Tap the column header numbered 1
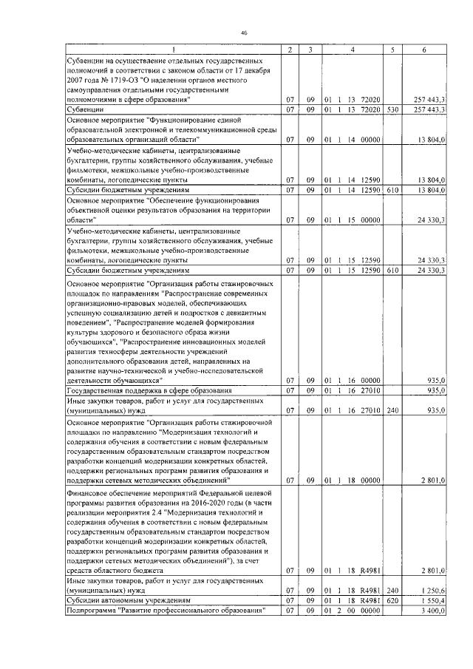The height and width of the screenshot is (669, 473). (174, 50)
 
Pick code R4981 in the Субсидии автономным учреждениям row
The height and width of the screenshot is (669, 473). (367, 602)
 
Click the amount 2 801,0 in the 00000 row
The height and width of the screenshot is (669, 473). (432, 480)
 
